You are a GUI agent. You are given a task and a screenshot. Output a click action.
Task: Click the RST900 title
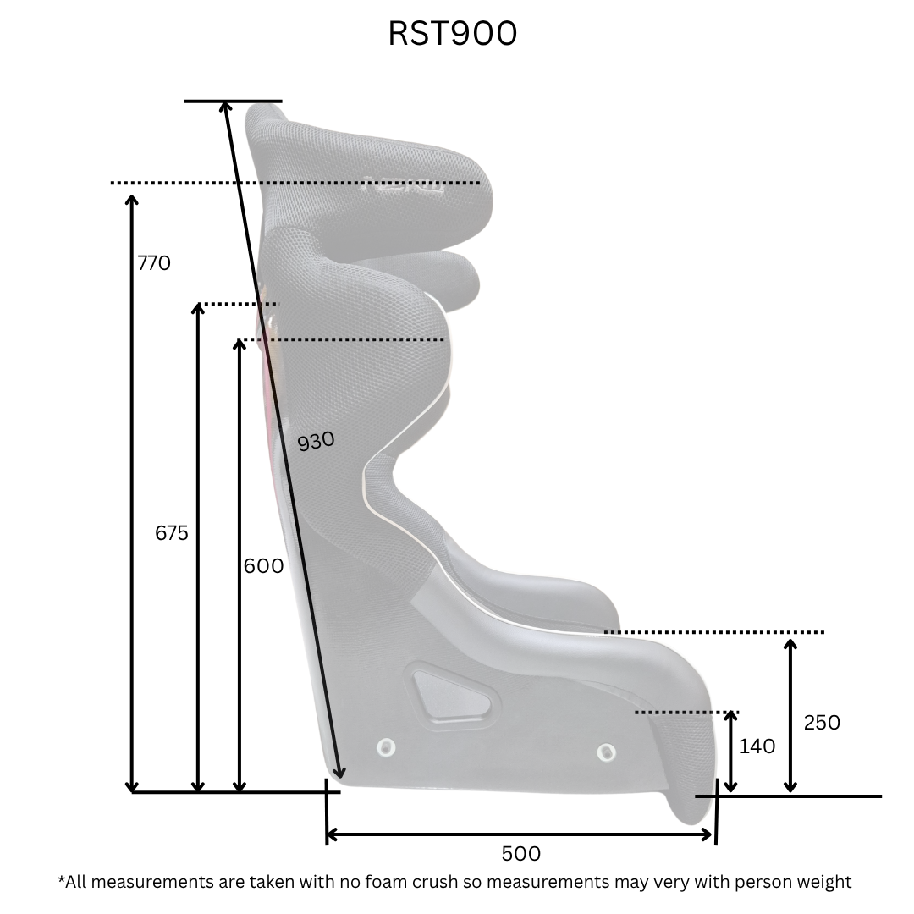point(453,33)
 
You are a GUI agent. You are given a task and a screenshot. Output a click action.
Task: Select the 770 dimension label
point(154,263)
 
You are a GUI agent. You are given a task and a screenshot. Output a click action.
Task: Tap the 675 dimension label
point(172,533)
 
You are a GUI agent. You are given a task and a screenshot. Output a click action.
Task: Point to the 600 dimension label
point(263,565)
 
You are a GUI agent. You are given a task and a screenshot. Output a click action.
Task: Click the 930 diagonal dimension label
point(317,441)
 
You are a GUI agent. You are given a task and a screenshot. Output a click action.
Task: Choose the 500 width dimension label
point(520,854)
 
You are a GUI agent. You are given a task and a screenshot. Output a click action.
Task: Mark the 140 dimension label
point(757,746)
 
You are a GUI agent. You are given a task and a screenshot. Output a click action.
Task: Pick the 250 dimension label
point(822,722)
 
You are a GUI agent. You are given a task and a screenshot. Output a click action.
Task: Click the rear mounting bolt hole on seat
point(386,746)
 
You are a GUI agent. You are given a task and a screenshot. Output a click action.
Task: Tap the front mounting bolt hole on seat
point(606,751)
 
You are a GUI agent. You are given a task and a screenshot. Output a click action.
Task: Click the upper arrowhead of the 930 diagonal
point(226,107)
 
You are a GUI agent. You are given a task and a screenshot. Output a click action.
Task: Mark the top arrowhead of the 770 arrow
point(131,200)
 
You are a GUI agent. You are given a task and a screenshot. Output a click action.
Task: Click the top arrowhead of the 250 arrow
point(790,645)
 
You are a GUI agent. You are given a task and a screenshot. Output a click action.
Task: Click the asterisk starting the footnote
point(61,879)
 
